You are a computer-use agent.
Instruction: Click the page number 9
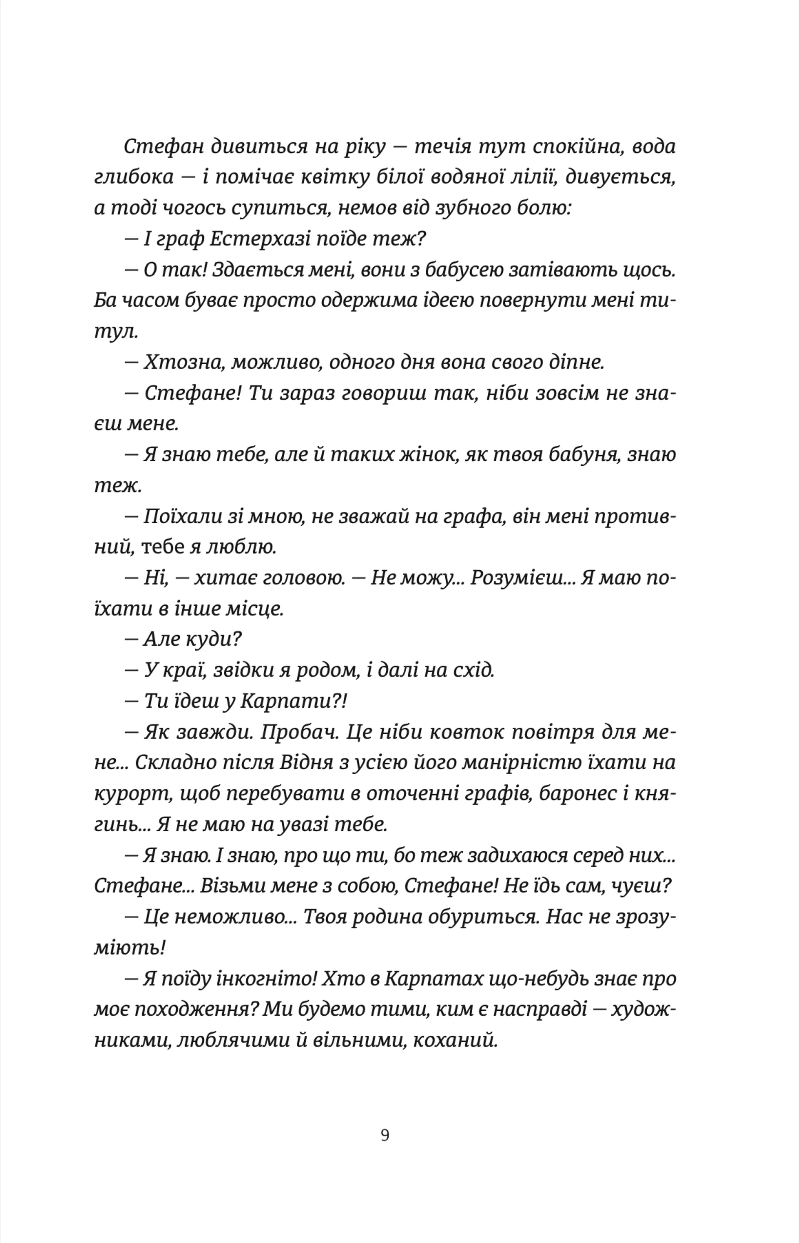385,1135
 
